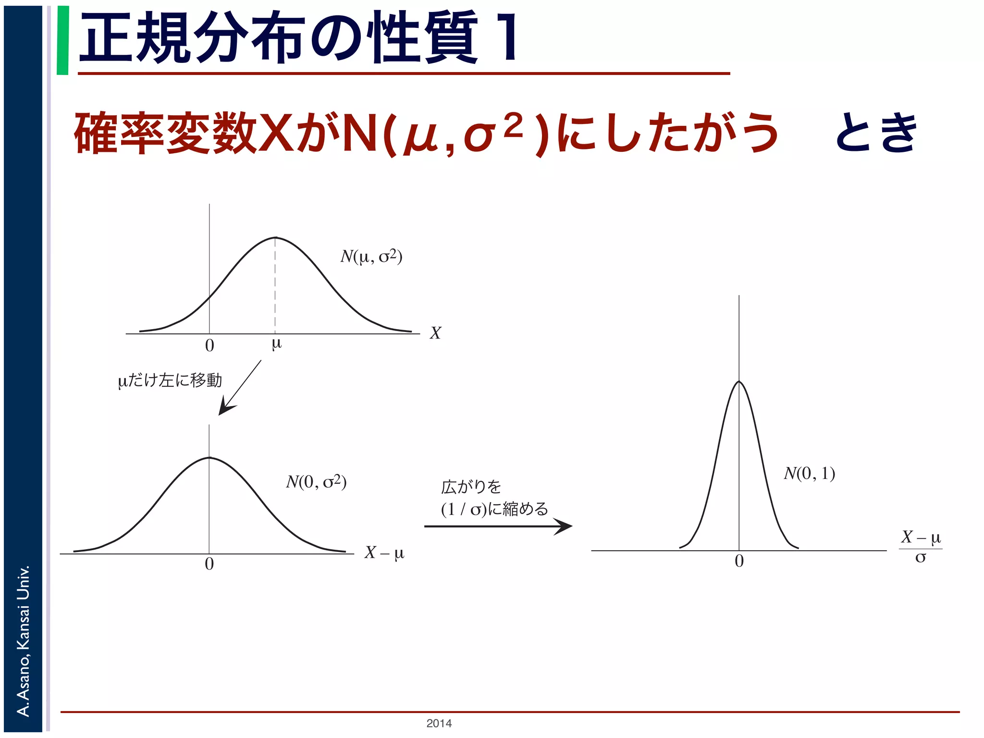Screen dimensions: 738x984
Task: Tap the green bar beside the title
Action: pos(62,40)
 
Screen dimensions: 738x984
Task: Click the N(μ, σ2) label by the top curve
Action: pos(371,257)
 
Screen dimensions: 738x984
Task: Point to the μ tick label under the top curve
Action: pos(276,344)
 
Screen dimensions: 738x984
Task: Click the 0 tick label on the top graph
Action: pos(209,345)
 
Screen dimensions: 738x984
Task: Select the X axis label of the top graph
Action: pos(435,333)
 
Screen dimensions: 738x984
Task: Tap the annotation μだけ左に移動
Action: pos(170,381)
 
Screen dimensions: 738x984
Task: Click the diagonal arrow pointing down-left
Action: pos(239,388)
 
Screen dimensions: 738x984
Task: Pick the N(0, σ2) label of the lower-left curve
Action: pos(316,481)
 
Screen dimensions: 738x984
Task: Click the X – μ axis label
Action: pos(384,553)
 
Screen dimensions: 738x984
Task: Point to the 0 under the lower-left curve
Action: pos(209,564)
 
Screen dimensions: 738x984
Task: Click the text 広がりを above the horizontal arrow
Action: pos(471,487)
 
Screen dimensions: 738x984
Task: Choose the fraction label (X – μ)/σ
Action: pos(921,547)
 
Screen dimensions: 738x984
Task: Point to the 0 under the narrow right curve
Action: pos(739,561)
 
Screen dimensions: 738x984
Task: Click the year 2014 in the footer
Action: pos(439,723)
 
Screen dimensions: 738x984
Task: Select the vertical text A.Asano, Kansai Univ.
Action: pos(23,641)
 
